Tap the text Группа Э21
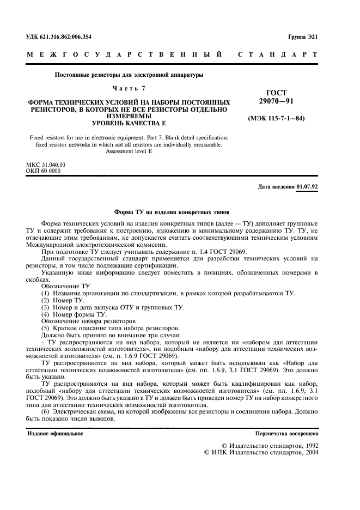coord(303,37)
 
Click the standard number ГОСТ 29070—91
coord(276,98)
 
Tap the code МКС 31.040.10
coord(46,164)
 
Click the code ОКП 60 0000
coord(44,171)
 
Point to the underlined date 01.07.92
coord(308,187)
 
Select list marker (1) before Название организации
coord(45,294)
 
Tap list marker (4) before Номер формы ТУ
coord(45,315)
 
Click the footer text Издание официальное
coord(55,434)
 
